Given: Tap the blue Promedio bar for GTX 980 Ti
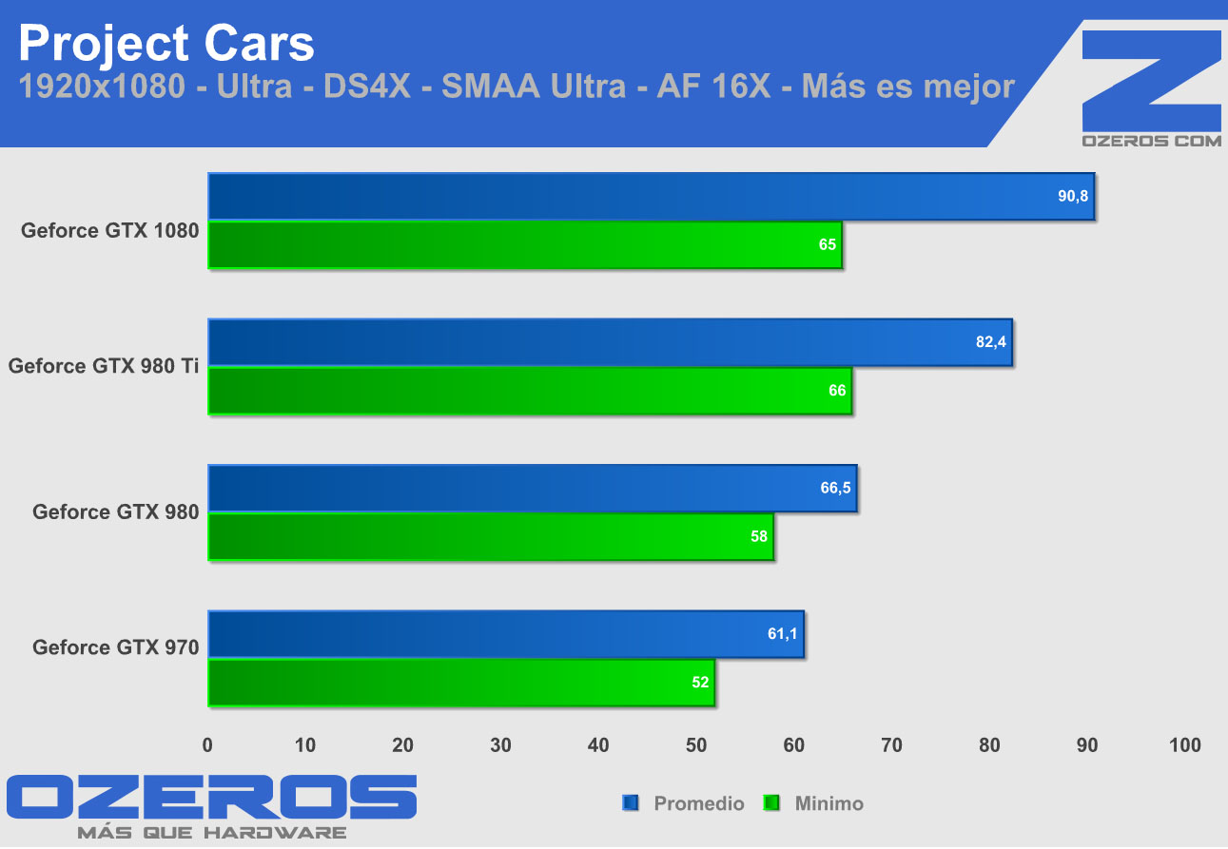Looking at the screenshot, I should pos(610,342).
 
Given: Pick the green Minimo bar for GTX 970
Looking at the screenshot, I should pos(461,683).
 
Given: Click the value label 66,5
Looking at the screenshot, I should pos(836,489).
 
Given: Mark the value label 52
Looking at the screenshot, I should pos(700,683).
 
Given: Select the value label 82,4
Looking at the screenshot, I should pos(990,342).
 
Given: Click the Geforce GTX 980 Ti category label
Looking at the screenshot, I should pos(104,366).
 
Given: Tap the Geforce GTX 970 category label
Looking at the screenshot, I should pos(116,647).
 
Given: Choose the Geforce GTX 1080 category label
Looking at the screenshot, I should pos(110,230).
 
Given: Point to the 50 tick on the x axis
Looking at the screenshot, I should pos(696,745).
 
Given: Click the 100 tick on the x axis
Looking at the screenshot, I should pos(1184,745).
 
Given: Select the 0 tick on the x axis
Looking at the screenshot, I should pos(208,745).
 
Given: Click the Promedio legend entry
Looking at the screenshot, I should pos(698,803).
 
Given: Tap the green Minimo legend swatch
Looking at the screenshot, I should pos(771,803).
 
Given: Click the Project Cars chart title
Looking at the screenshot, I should pos(166,43).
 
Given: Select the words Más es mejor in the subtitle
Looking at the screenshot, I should pos(908,87).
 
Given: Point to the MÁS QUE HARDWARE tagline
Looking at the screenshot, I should pos(211,833).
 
